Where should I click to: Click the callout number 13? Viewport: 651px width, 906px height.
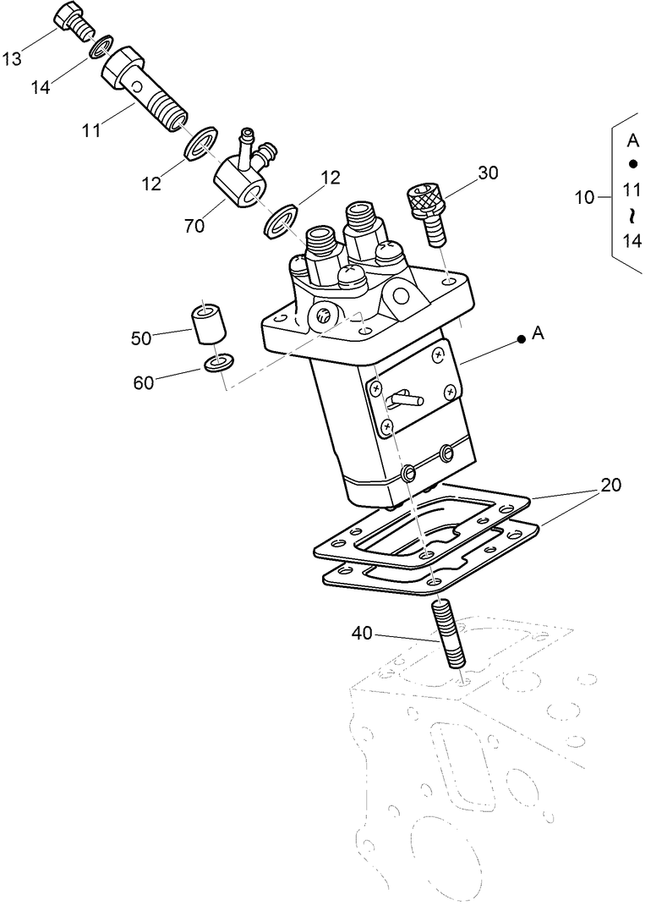[x=12, y=58]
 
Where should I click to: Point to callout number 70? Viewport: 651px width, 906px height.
[x=194, y=226]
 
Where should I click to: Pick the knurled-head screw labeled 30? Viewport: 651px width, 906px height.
[x=429, y=211]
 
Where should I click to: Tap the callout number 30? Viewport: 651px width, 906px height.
[x=488, y=173]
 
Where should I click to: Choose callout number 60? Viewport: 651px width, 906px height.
[x=145, y=382]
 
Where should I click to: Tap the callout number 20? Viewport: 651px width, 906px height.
[x=610, y=485]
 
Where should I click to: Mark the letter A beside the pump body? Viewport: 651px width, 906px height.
[x=539, y=335]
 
